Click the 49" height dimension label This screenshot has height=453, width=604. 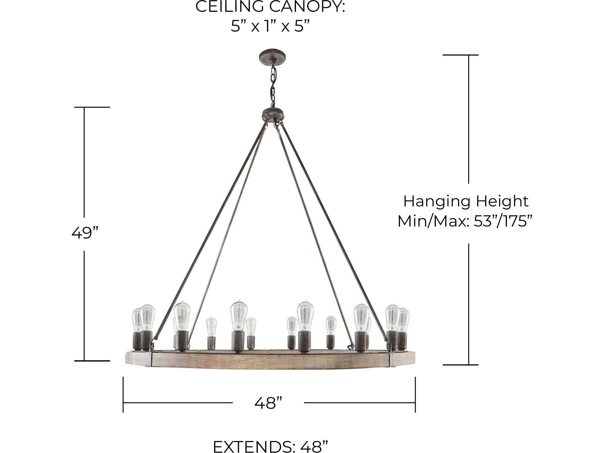85,233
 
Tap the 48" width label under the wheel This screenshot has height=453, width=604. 268,403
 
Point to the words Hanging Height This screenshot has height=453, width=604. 466,201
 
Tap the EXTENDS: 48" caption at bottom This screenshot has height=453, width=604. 270,446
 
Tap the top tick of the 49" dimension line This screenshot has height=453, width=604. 92,107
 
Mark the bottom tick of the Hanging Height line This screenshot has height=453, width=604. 460,365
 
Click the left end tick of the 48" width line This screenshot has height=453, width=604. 123,394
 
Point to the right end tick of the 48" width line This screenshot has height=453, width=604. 415,394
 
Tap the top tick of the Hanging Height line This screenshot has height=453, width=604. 460,55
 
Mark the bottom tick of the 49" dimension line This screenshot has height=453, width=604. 92,361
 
